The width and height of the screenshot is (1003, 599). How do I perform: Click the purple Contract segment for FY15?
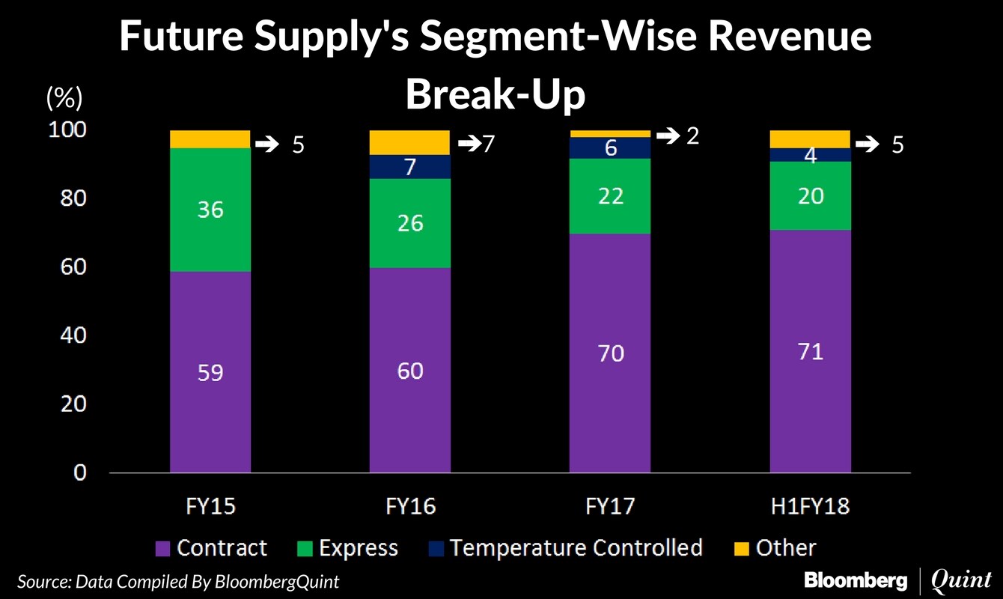coord(210,372)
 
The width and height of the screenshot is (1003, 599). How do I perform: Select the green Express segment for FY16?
coord(410,223)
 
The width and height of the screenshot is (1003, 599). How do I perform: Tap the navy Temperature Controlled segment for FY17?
coord(611,148)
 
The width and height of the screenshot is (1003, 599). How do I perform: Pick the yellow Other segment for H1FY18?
coord(811,139)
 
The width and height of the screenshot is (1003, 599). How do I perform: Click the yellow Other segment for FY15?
coord(210,139)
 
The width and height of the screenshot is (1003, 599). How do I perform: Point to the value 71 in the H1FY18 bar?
coord(811,351)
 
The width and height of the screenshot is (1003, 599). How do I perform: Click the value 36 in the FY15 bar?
coord(210,209)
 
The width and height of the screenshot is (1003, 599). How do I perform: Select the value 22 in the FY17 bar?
coord(611,196)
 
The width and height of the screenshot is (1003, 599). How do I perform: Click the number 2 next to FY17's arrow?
coord(692,137)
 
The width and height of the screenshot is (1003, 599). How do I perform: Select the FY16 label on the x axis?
coord(409,507)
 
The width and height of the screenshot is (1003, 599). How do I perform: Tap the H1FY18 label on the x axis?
coord(811,507)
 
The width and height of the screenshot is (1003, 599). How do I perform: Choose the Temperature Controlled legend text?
coord(576,548)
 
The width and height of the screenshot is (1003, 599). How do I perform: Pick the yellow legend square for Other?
coord(740,549)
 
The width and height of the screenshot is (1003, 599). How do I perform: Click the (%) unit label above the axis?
coord(64,98)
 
